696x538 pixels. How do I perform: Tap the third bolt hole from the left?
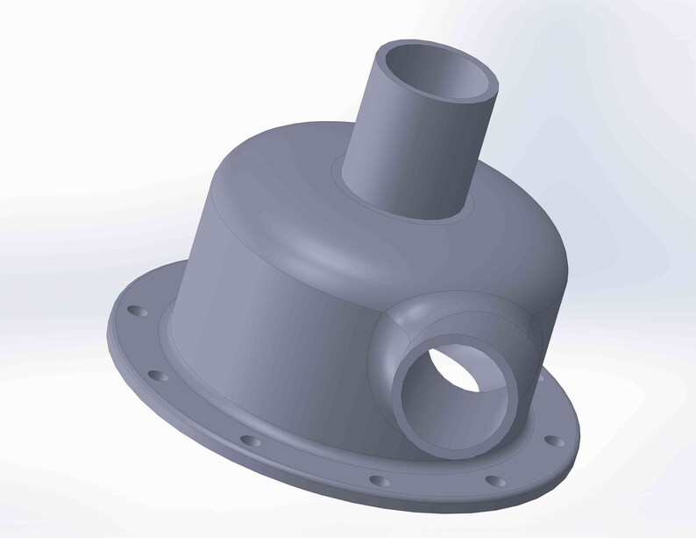coord(250,440)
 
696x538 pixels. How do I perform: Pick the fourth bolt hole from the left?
coord(379,481)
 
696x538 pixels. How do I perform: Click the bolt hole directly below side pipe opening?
coord(495,481)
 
